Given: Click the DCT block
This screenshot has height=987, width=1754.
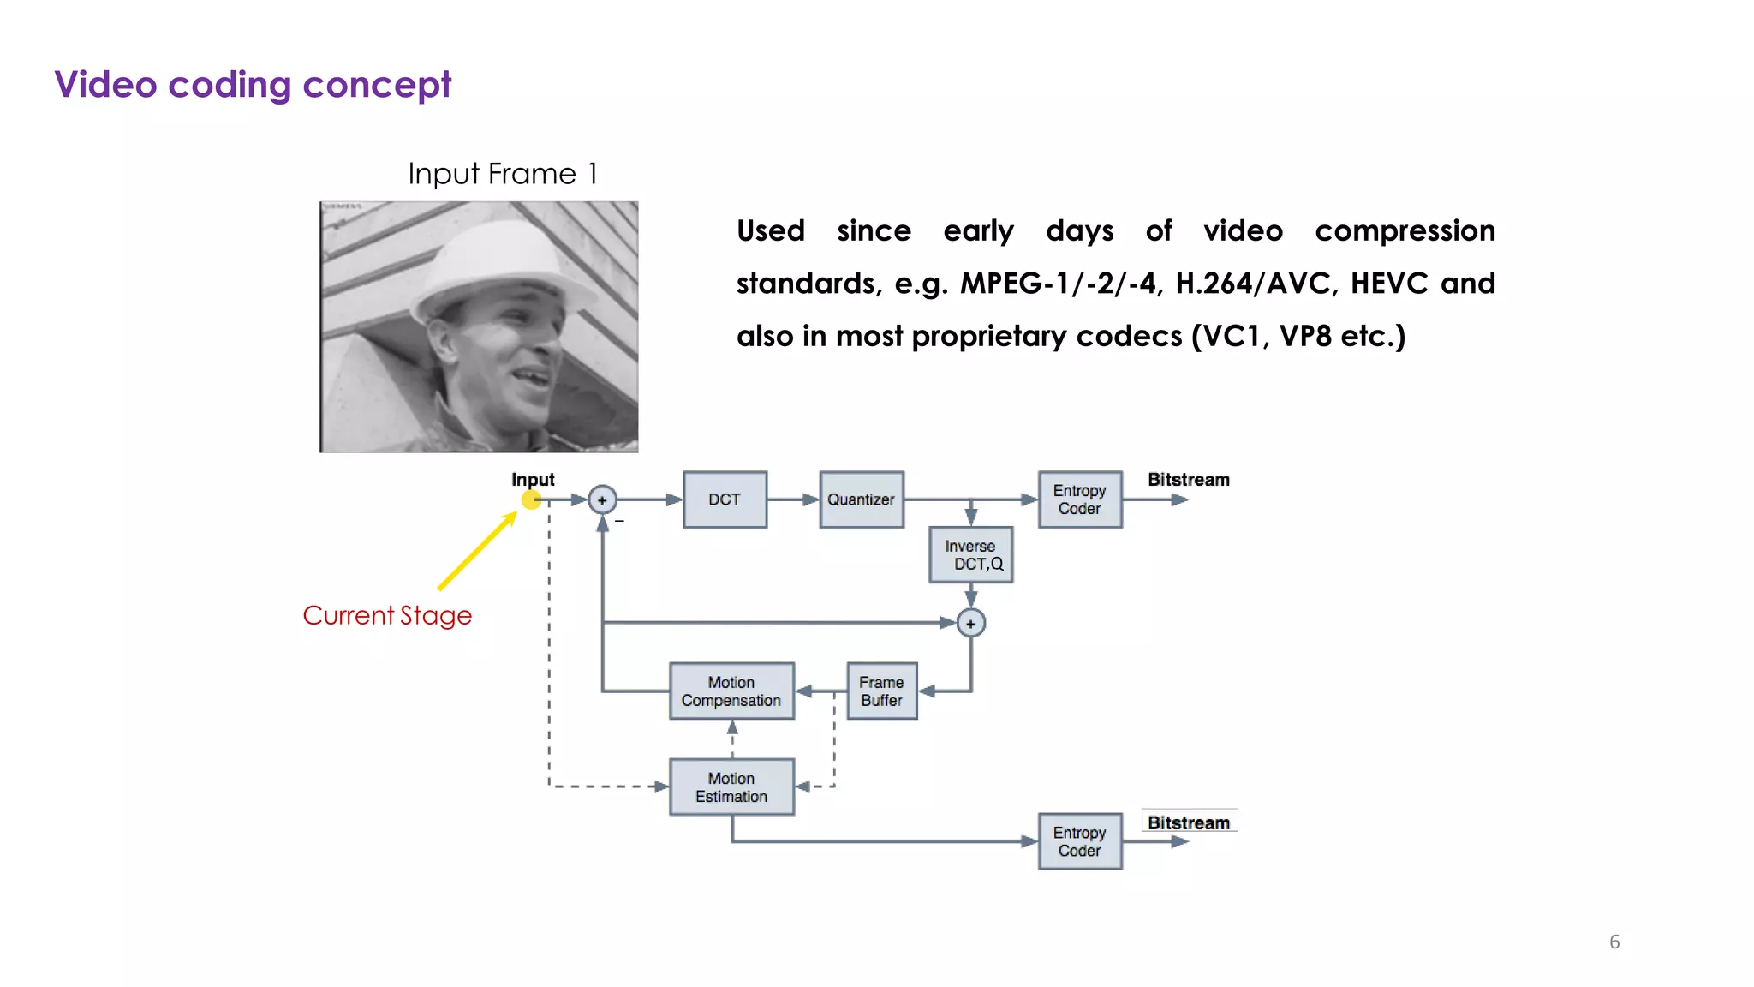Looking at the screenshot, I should coord(725,499).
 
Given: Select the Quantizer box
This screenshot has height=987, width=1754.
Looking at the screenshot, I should coord(861,499).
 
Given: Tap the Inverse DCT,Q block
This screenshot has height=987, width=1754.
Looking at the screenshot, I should coord(971,555).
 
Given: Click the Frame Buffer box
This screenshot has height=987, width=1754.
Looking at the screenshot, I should coord(881,691).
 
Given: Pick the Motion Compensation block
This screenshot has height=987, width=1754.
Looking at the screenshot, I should coord(731,691).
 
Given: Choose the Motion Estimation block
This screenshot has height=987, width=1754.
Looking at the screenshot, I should coord(731,787).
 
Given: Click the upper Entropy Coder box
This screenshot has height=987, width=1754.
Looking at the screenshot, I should coord(1079,499).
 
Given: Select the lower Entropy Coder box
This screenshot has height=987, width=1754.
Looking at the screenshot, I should coord(1079,841).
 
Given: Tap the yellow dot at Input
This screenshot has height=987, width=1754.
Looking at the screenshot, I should coord(531,499).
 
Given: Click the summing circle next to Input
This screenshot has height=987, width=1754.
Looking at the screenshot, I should coord(602,499).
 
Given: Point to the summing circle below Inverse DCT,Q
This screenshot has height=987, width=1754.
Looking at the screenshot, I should coord(970,623).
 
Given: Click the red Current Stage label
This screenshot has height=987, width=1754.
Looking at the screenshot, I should coord(387,615).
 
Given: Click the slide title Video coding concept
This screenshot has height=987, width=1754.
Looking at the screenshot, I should coord(253,85).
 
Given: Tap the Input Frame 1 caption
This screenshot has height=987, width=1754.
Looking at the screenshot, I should coord(503,174).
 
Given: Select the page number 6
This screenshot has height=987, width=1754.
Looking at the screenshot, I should coord(1614,942).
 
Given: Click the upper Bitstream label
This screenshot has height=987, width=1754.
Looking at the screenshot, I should coord(1188,480).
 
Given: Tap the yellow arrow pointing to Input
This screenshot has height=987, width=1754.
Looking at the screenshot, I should coord(477,551).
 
